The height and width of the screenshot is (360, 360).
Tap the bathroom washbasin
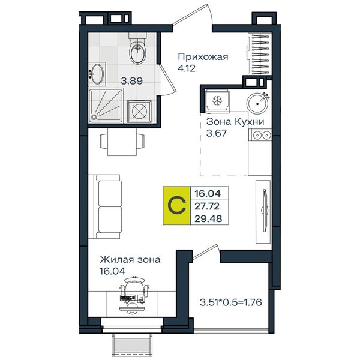(x=97, y=74)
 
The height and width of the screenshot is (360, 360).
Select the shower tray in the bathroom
(x=106, y=106)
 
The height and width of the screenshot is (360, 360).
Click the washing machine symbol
(x=139, y=112)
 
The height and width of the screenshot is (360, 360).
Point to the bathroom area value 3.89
(x=132, y=81)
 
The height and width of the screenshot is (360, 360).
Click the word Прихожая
(x=203, y=57)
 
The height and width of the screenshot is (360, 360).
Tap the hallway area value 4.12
(x=187, y=68)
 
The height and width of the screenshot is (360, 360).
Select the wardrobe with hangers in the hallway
(x=259, y=54)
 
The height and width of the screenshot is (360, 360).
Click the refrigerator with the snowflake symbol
(x=217, y=101)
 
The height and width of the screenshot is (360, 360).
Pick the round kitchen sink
(x=257, y=103)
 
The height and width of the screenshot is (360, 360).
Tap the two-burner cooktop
(x=262, y=135)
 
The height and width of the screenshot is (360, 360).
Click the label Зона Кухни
(x=235, y=121)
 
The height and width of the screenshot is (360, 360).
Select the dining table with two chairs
(x=122, y=142)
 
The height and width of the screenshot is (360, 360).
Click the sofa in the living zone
(x=105, y=206)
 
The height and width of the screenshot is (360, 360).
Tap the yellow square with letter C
(x=176, y=205)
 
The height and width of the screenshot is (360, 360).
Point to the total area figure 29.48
(x=208, y=219)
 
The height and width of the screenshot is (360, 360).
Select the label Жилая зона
(x=130, y=260)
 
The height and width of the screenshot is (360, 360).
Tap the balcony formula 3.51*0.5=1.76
(x=231, y=302)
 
